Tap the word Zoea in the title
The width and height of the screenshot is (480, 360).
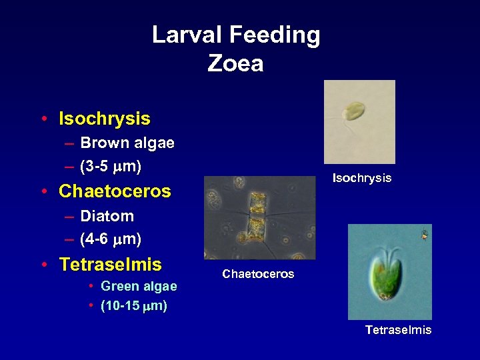point(235,63)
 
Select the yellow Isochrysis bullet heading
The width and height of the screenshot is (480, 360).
point(105,119)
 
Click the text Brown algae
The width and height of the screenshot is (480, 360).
point(127,143)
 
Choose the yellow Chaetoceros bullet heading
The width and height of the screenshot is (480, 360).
point(115,192)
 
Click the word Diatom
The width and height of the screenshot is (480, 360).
point(107,217)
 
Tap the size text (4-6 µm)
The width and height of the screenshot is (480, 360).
point(111,239)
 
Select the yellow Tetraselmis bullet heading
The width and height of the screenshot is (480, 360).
point(110,265)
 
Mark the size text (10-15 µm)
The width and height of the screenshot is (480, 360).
point(133,307)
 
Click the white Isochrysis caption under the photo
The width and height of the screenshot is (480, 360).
point(362,179)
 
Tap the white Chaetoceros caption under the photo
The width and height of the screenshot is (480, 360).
point(258,274)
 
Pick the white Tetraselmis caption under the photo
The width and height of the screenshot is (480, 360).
point(398,330)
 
